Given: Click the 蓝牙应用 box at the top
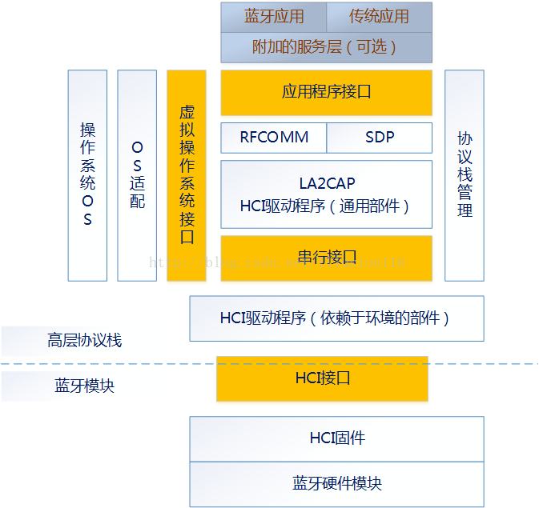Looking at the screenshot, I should [x=274, y=17].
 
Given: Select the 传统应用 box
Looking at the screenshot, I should [x=379, y=17].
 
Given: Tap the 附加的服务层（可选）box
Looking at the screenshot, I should [x=326, y=47].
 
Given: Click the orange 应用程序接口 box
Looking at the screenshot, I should [x=326, y=92].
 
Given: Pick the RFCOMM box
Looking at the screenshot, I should [x=274, y=138].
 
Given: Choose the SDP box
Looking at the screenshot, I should [x=380, y=138].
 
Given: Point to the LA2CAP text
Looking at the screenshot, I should [x=326, y=183].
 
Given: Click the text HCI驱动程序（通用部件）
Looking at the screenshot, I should [x=326, y=206].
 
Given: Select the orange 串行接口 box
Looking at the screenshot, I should [x=326, y=258].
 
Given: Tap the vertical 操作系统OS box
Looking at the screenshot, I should [x=87, y=175].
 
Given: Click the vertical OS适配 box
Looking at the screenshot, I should [x=137, y=175].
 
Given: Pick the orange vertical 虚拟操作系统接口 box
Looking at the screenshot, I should [x=187, y=175].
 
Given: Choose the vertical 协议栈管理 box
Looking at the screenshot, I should [x=465, y=175].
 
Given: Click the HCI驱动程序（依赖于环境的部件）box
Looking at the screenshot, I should [x=336, y=318].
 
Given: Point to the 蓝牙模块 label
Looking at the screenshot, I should [x=84, y=386].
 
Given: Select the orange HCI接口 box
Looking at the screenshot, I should [x=322, y=378].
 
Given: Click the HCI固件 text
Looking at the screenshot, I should [x=336, y=438].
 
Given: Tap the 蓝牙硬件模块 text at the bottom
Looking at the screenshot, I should [x=336, y=484].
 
